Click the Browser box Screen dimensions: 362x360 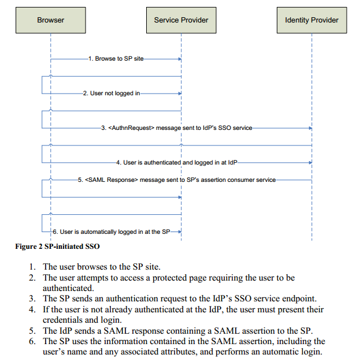point(50,20)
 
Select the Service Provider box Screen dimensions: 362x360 point(181,20)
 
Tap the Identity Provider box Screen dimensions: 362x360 point(311,20)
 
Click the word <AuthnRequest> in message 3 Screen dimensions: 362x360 point(132,128)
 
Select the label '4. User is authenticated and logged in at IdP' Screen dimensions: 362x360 point(177,163)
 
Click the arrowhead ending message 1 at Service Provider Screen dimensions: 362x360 point(180,59)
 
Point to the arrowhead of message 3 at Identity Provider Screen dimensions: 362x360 point(310,128)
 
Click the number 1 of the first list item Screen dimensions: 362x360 point(32,267)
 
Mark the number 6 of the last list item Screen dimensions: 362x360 point(32,341)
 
